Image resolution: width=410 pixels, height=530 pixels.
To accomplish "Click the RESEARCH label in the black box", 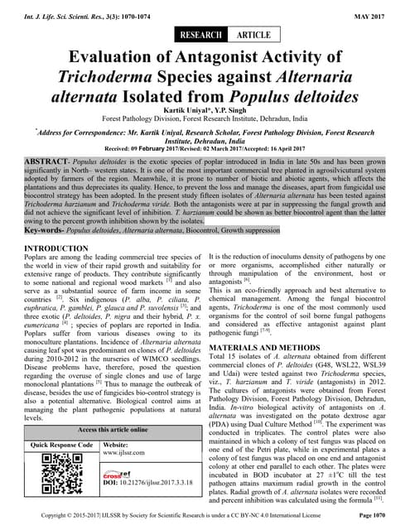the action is coord(201,36).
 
